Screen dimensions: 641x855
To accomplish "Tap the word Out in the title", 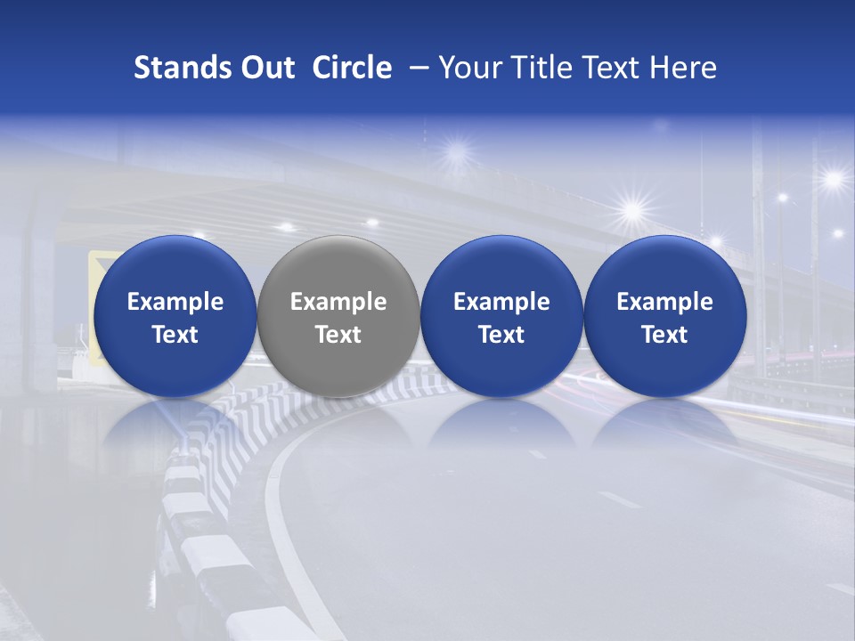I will (265, 68).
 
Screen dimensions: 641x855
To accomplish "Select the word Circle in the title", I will (352, 68).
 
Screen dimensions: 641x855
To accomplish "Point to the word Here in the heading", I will (683, 68).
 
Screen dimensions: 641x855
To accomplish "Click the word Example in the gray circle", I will (338, 302).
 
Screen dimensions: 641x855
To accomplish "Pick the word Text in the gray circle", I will (338, 335).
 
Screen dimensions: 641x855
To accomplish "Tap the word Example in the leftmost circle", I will (175, 302).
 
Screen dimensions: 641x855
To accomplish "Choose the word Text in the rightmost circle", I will (664, 335).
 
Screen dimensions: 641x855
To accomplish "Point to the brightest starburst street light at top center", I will (457, 150).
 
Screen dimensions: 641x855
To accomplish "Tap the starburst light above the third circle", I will (633, 211).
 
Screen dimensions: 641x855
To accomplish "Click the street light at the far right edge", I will (834, 179).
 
